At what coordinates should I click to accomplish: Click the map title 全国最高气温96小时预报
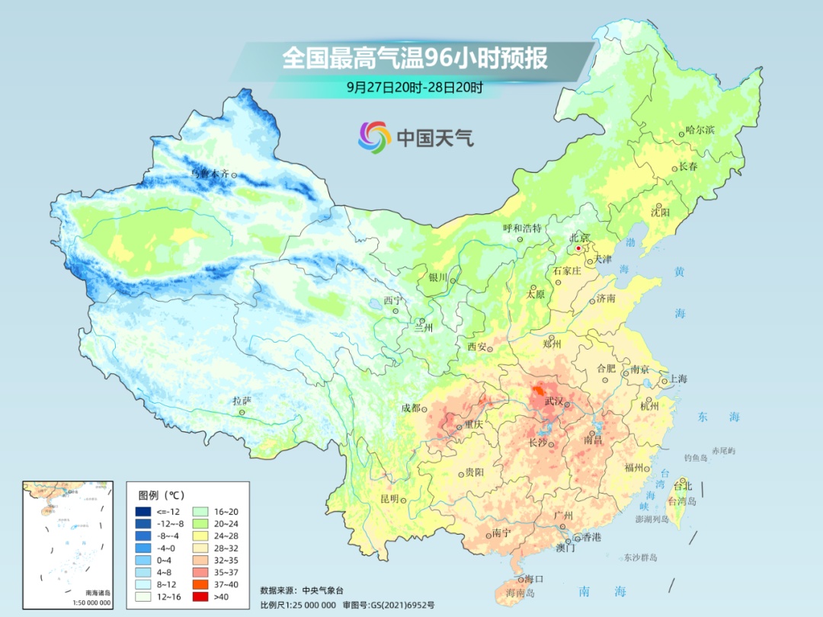[415, 59]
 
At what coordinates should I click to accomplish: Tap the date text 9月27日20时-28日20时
[415, 87]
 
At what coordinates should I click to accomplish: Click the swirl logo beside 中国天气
[374, 136]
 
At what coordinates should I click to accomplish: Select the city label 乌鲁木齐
[210, 174]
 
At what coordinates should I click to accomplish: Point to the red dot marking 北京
[578, 248]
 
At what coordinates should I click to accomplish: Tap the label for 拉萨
[242, 401]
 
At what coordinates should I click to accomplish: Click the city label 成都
[410, 408]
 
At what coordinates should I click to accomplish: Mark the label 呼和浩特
[522, 228]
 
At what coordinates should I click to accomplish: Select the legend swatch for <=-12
[143, 511]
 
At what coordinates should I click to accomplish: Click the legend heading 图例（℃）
[162, 494]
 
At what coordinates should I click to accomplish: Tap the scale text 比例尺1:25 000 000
[298, 604]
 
